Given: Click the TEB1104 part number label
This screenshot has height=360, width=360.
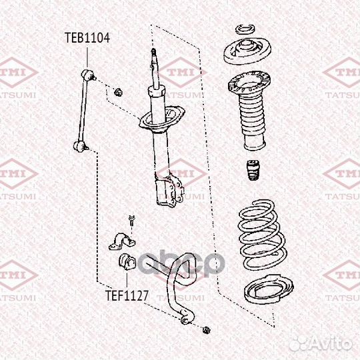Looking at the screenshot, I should [87, 38].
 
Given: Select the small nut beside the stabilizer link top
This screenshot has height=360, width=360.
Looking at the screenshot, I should [117, 91].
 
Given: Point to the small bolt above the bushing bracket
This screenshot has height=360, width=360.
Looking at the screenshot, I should [131, 219].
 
